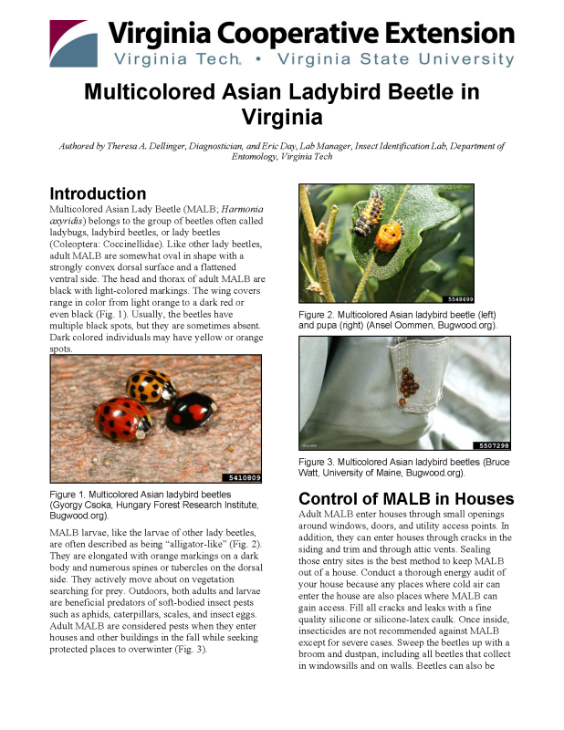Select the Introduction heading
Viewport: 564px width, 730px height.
(x=98, y=193)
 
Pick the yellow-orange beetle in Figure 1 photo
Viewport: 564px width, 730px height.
(x=151, y=386)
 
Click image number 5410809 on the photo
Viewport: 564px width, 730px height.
(x=241, y=477)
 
